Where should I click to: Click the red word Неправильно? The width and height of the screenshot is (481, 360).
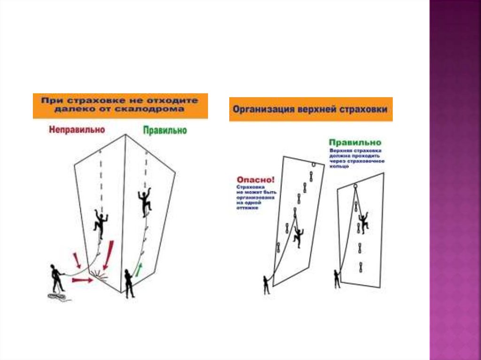click(x=76, y=130)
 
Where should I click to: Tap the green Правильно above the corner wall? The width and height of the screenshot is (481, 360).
click(x=164, y=130)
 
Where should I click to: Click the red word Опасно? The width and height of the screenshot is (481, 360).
click(x=256, y=179)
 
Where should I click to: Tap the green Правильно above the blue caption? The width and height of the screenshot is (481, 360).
click(x=355, y=142)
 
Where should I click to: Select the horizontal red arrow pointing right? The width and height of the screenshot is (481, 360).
click(x=82, y=280)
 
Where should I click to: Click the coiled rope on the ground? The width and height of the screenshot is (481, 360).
click(x=58, y=298)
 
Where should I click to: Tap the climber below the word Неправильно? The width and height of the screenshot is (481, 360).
click(x=100, y=223)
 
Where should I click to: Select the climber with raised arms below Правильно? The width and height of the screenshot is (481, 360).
click(x=145, y=200)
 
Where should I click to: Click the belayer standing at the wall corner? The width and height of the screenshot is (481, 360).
click(x=129, y=283)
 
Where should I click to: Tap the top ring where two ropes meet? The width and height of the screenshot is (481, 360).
click(x=355, y=187)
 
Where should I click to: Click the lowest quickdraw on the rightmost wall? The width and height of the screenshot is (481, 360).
click(x=361, y=268)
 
